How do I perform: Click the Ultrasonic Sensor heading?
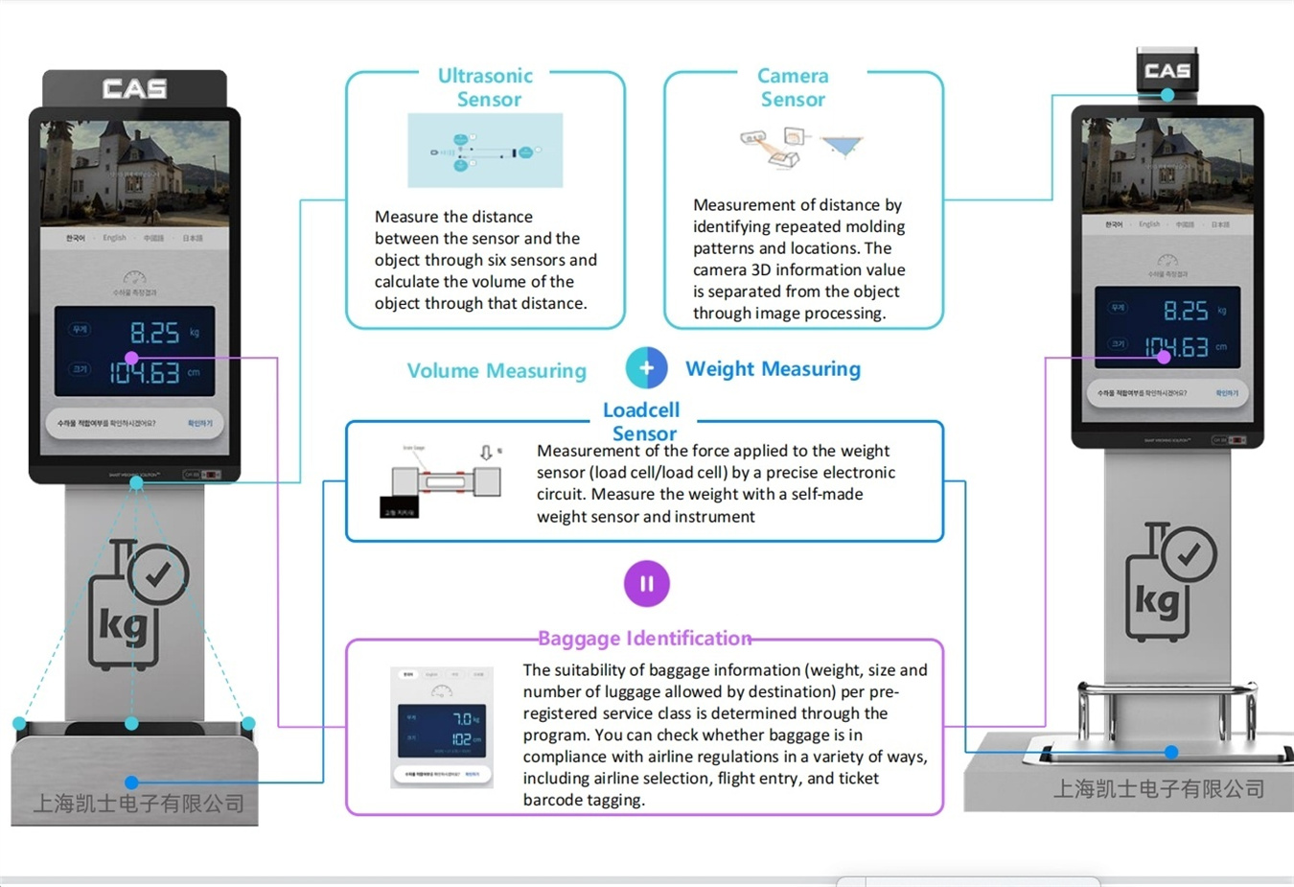486,87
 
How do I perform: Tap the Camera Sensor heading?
793,87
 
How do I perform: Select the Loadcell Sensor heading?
642,421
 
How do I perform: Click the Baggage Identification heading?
644,639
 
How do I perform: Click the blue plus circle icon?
647,368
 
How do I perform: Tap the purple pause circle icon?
647,584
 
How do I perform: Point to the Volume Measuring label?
497,371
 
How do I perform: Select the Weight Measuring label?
773,369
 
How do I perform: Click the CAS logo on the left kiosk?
135,89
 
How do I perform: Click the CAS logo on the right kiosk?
1167,71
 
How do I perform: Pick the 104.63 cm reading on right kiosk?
1177,347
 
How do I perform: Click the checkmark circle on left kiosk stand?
158,573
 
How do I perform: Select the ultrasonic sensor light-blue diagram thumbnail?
485,151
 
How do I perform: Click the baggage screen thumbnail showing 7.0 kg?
442,728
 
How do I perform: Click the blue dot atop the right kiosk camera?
1167,95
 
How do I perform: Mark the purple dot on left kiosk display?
131,358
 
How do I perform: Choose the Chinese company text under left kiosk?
139,804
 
